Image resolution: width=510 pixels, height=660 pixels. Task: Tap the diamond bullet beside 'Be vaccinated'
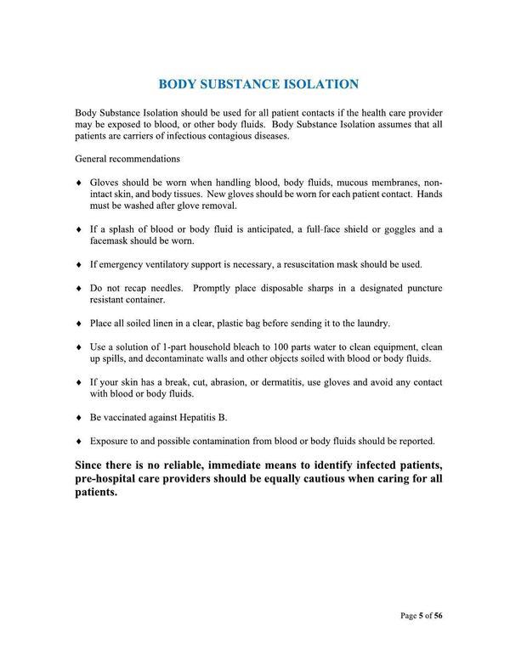tap(78, 417)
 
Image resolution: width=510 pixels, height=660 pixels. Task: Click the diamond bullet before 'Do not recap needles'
tap(78, 289)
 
